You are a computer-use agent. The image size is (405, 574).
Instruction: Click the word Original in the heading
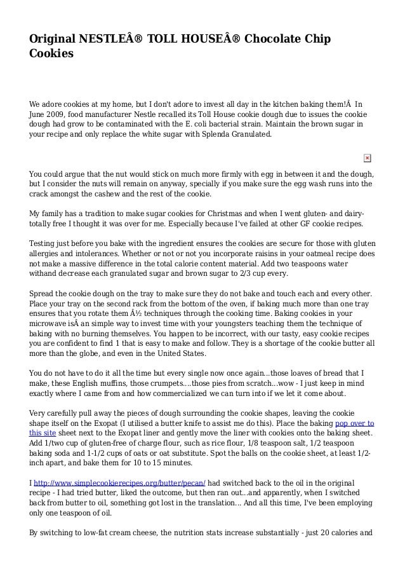click(x=53, y=39)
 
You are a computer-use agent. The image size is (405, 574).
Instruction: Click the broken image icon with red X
click(x=367, y=158)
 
